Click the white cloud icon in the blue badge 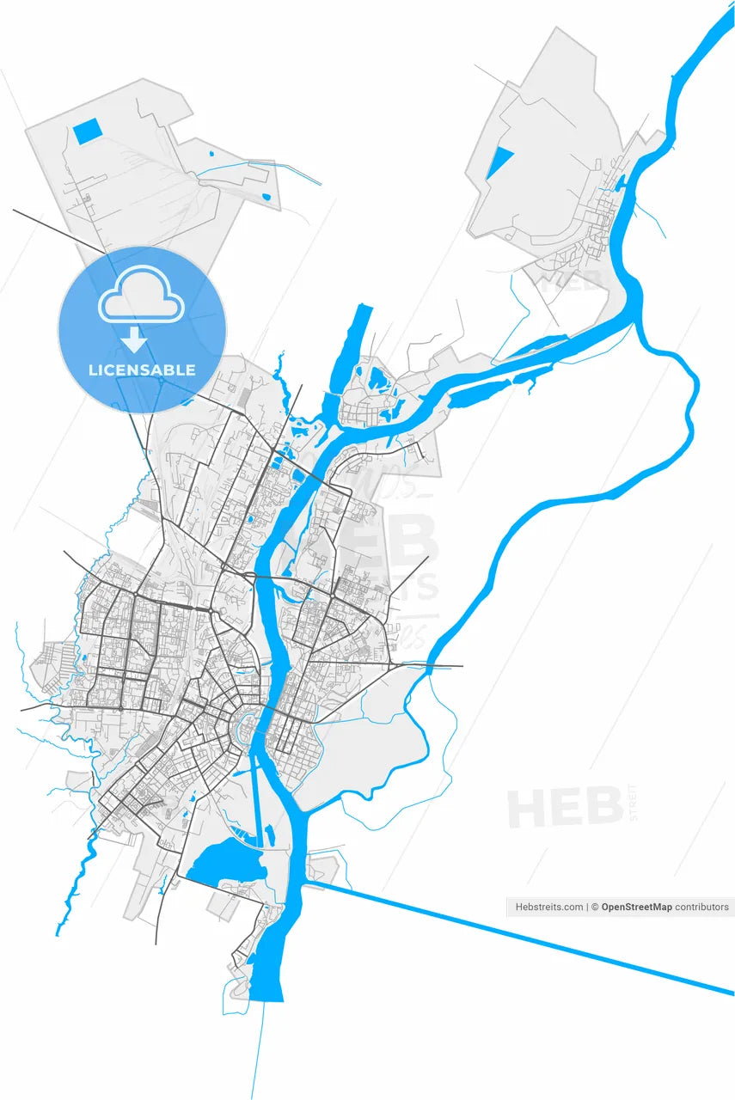(x=142, y=297)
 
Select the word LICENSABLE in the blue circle (x=142, y=370)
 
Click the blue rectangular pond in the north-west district (x=87, y=131)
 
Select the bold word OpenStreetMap (x=636, y=907)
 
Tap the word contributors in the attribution (x=701, y=907)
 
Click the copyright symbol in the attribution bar (x=594, y=907)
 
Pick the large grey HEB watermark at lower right (x=565, y=808)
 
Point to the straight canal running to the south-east (x=516, y=938)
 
